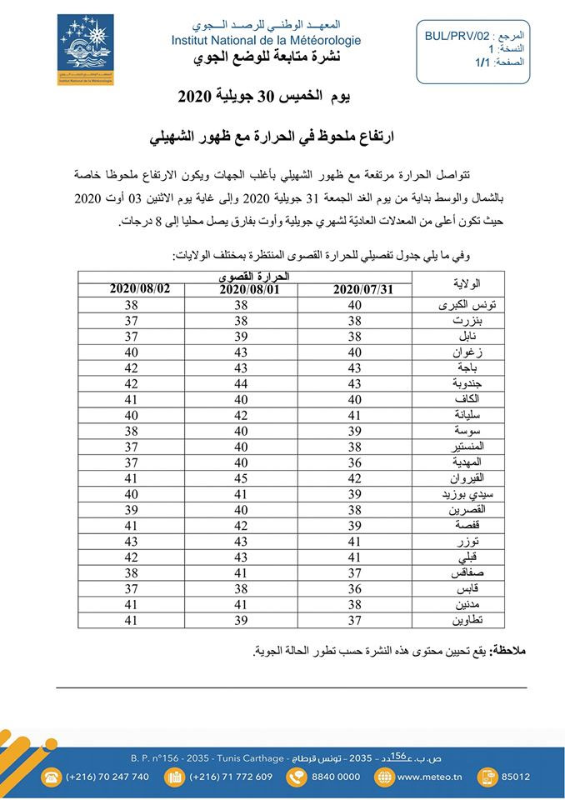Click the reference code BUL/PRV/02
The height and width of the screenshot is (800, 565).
coord(456,37)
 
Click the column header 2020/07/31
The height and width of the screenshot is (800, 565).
coord(362,289)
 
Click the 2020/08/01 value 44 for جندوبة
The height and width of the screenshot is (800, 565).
coord(241,384)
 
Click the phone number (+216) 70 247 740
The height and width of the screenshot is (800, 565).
coord(107,777)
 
